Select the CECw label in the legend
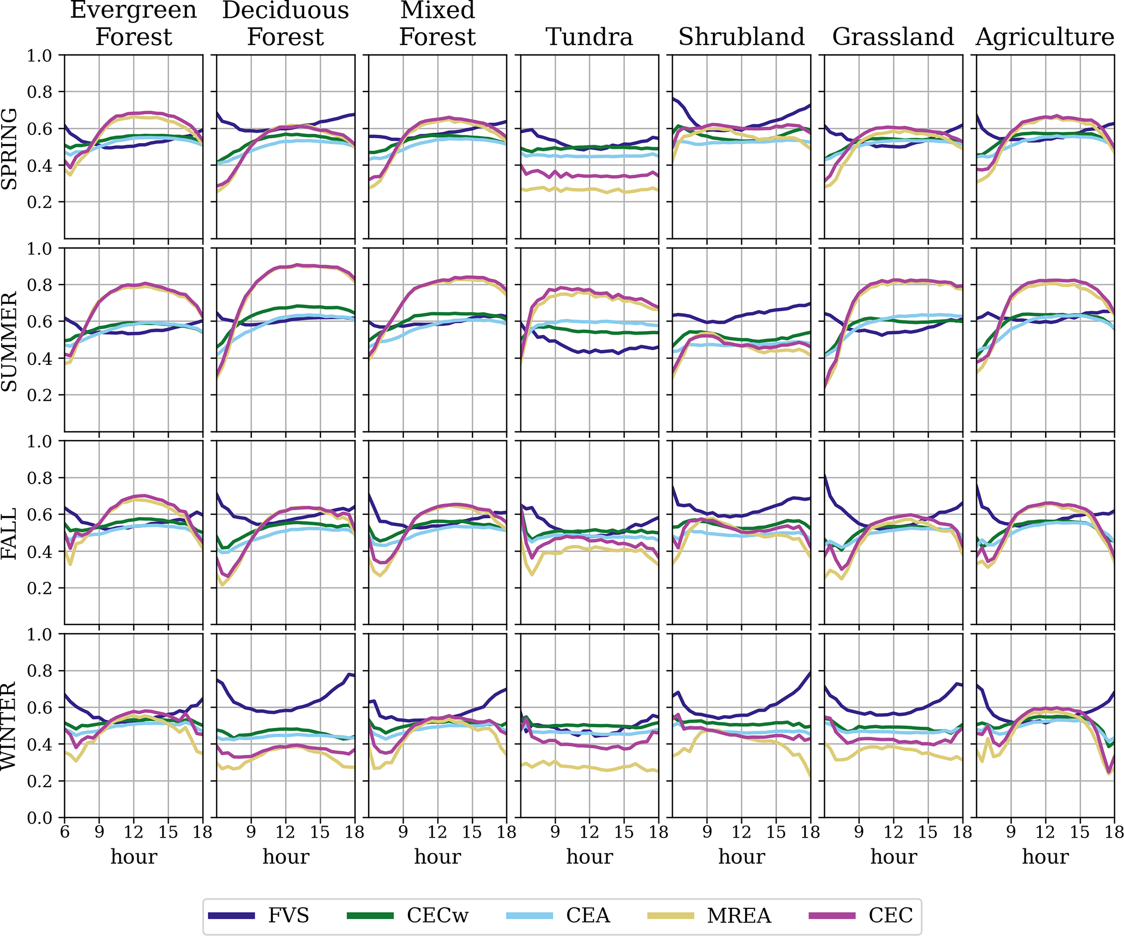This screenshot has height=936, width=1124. pos(437,915)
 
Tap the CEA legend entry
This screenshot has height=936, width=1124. pos(588,915)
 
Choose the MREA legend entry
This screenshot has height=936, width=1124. pos(739,915)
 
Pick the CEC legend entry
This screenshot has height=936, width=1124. pos(890,915)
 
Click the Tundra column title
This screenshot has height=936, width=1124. pos(589,37)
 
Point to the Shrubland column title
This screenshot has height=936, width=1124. pos(741,37)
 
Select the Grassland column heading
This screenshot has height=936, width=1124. pos(893,37)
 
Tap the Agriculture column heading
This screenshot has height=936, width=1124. pos(1045,37)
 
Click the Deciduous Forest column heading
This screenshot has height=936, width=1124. pos(285,23)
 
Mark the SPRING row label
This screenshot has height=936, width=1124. pos(10,148)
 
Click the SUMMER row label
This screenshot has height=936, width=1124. pos(10,341)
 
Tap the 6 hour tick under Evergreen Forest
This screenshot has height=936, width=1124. pos(65,832)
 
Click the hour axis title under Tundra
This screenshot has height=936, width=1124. pos(589,857)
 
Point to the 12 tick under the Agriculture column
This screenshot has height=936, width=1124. pos(1045,832)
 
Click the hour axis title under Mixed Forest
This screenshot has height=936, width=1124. pos(438,857)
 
